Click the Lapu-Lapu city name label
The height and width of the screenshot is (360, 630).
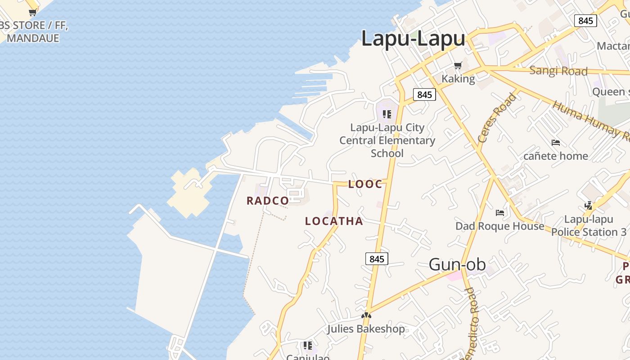coord(413,39)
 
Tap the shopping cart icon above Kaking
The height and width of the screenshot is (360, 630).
coord(458,66)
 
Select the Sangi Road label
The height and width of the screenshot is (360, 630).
coord(558,71)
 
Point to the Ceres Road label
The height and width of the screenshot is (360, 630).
coord(497,118)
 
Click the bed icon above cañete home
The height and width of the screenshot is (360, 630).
coord(556,143)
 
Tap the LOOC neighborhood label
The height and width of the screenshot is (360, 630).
coord(365,184)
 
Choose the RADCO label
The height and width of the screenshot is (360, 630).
coord(267,201)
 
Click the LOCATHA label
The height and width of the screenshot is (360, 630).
coord(334,221)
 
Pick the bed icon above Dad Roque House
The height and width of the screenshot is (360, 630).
coord(499,213)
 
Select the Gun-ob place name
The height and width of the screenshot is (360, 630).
coord(457,265)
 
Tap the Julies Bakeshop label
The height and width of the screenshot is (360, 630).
coord(365,329)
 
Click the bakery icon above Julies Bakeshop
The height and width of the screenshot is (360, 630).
coord(366,315)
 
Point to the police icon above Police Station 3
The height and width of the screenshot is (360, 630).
coord(588,206)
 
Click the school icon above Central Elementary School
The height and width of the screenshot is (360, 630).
coord(387,114)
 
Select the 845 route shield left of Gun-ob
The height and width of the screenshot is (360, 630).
coord(376,259)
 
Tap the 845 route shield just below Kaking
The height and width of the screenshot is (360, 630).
coord(424,94)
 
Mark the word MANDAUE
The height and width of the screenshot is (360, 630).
coord(33,38)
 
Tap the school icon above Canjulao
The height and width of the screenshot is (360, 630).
coord(308,346)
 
